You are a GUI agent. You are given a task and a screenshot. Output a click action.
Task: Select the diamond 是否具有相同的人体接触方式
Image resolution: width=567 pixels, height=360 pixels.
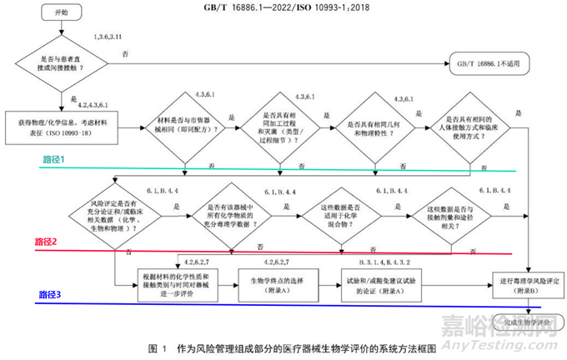(472, 126)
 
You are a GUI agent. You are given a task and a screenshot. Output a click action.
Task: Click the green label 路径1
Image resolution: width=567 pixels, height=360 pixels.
(57, 157)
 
